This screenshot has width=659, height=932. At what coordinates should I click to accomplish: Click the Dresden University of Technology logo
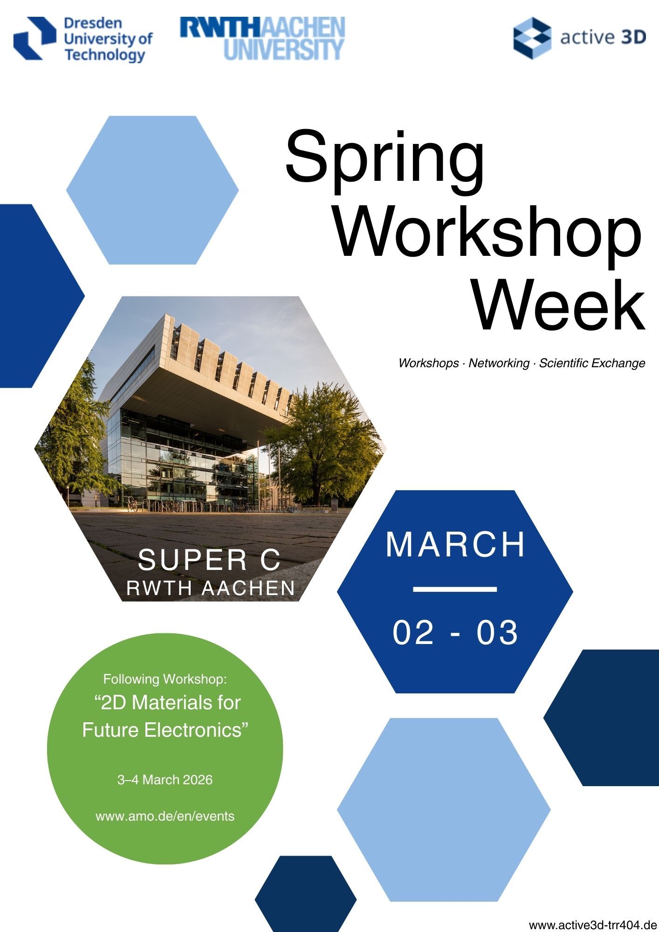(x=83, y=39)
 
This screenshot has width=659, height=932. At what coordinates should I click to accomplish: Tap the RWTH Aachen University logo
(x=262, y=39)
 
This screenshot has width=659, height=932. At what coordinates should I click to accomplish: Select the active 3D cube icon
(x=532, y=38)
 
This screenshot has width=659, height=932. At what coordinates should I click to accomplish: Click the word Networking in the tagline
(x=499, y=363)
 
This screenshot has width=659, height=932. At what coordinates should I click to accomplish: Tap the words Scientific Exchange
(x=592, y=363)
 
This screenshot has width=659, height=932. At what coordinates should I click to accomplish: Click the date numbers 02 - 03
(x=455, y=632)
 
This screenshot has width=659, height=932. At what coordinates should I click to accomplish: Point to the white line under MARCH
(x=455, y=589)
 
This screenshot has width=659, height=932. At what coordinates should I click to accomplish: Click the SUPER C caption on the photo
(x=209, y=560)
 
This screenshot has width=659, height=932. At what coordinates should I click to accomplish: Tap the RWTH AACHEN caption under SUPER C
(x=211, y=588)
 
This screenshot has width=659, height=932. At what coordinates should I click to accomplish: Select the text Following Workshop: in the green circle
(x=165, y=679)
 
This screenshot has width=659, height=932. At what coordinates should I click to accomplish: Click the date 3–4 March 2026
(x=165, y=780)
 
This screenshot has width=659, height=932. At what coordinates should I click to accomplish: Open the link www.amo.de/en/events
(x=165, y=816)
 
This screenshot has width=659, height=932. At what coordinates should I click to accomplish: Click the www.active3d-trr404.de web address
(x=593, y=925)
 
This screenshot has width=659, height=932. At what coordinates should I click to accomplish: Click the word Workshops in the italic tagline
(x=428, y=363)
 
